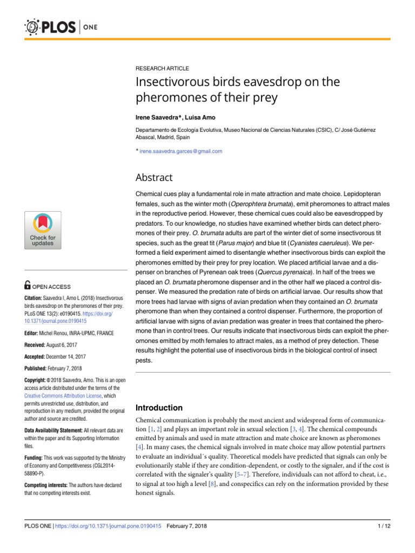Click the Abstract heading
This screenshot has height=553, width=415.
click(155, 178)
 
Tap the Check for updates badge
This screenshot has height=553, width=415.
click(42, 230)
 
